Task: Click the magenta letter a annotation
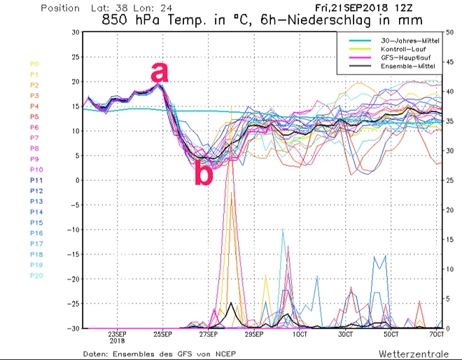pyautogui.click(x=160, y=73)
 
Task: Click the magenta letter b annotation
pyautogui.click(x=202, y=174)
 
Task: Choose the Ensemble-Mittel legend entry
pyautogui.click(x=402, y=67)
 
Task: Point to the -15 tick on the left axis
pyautogui.click(x=72, y=254)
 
